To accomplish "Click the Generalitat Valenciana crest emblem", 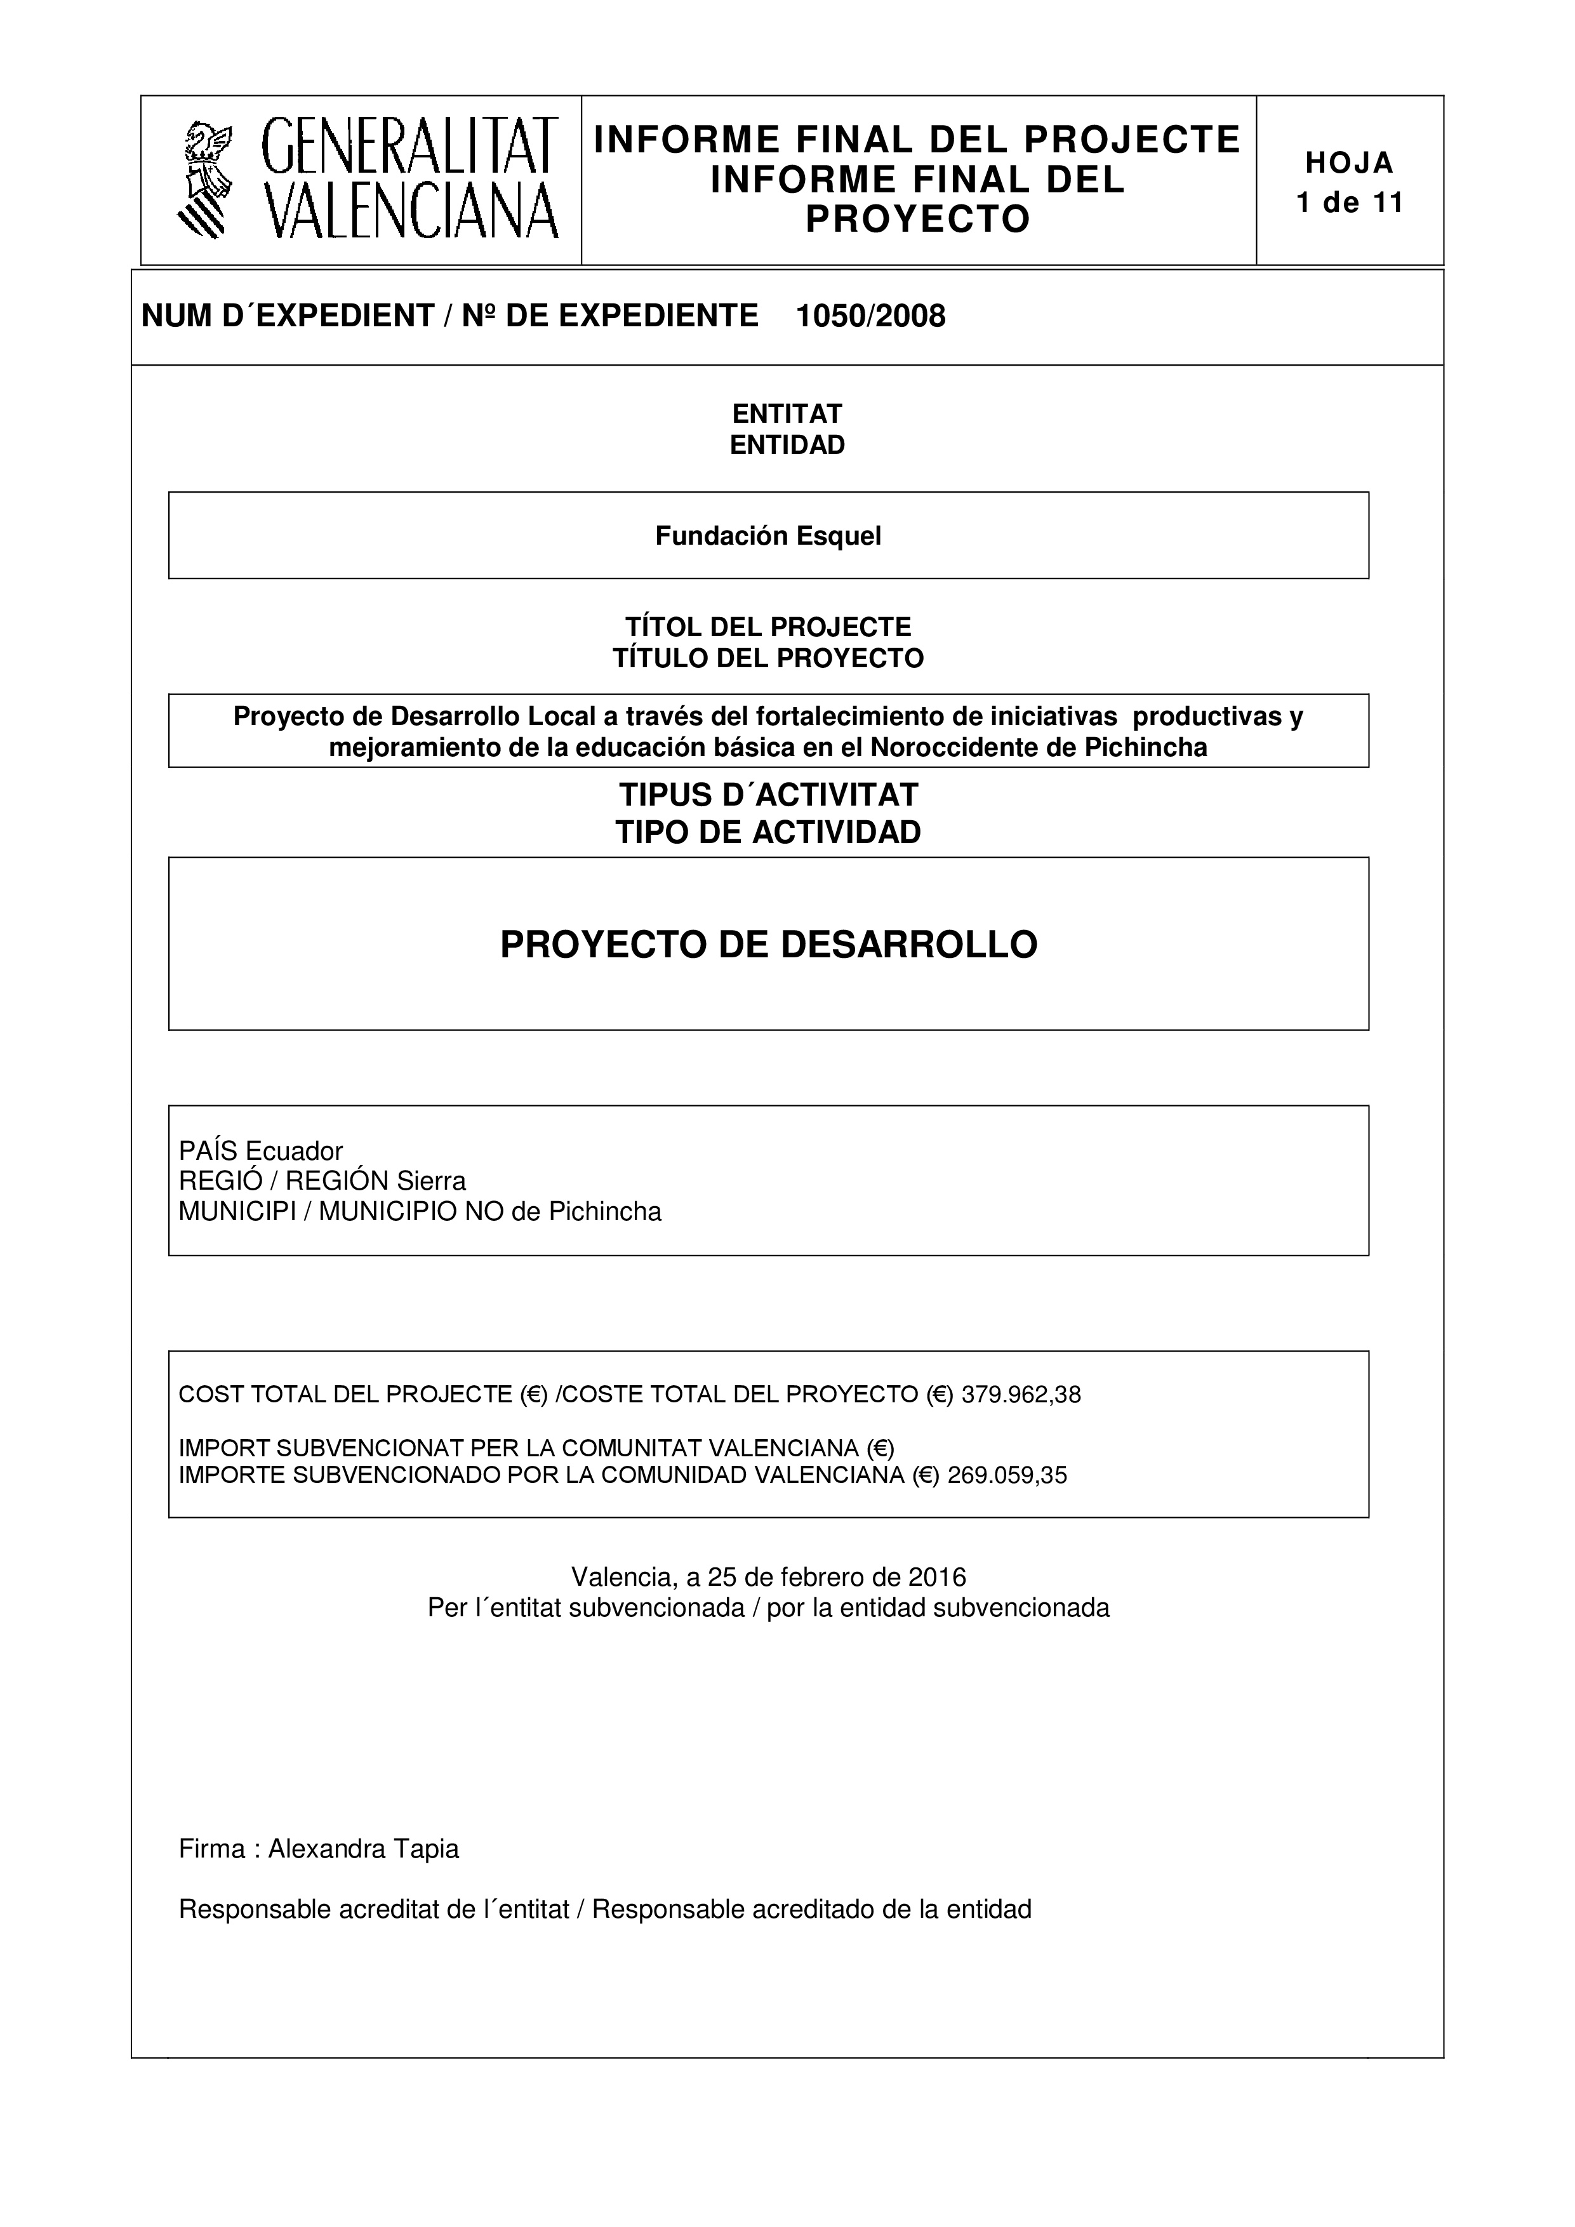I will (206, 178).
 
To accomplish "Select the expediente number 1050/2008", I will (870, 316).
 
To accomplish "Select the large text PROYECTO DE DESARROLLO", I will (768, 945).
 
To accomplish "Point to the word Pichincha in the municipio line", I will (605, 1211).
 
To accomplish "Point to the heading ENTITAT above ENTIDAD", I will (787, 413).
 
